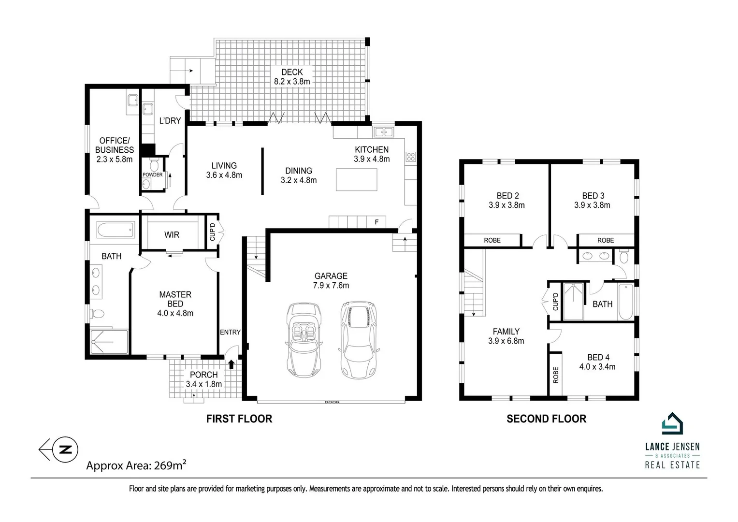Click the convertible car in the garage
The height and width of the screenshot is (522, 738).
point(304,340)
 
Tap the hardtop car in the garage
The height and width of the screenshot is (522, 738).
point(359,340)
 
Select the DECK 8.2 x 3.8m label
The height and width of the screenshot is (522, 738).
point(292,77)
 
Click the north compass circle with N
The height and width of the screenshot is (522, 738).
point(65,449)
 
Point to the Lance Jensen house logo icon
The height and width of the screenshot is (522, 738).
point(672,423)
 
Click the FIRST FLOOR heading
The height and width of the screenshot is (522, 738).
point(239,419)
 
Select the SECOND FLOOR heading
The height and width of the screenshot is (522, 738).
point(546,419)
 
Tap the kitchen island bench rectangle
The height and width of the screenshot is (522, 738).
point(357,180)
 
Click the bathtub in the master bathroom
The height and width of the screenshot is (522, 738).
point(116,230)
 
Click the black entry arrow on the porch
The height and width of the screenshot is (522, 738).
point(232,364)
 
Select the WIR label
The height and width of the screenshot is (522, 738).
point(172,235)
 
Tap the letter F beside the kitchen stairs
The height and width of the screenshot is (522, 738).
point(376,222)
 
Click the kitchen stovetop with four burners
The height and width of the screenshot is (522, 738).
point(411,157)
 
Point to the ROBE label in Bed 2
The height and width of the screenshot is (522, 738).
point(492,241)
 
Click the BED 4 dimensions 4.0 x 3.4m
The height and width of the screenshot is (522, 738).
point(597,367)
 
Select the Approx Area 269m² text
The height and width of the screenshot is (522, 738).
point(136,465)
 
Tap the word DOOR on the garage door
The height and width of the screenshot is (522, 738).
point(332,402)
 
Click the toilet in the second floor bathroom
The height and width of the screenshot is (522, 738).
point(624,256)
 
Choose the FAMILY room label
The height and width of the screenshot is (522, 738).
point(506,332)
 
